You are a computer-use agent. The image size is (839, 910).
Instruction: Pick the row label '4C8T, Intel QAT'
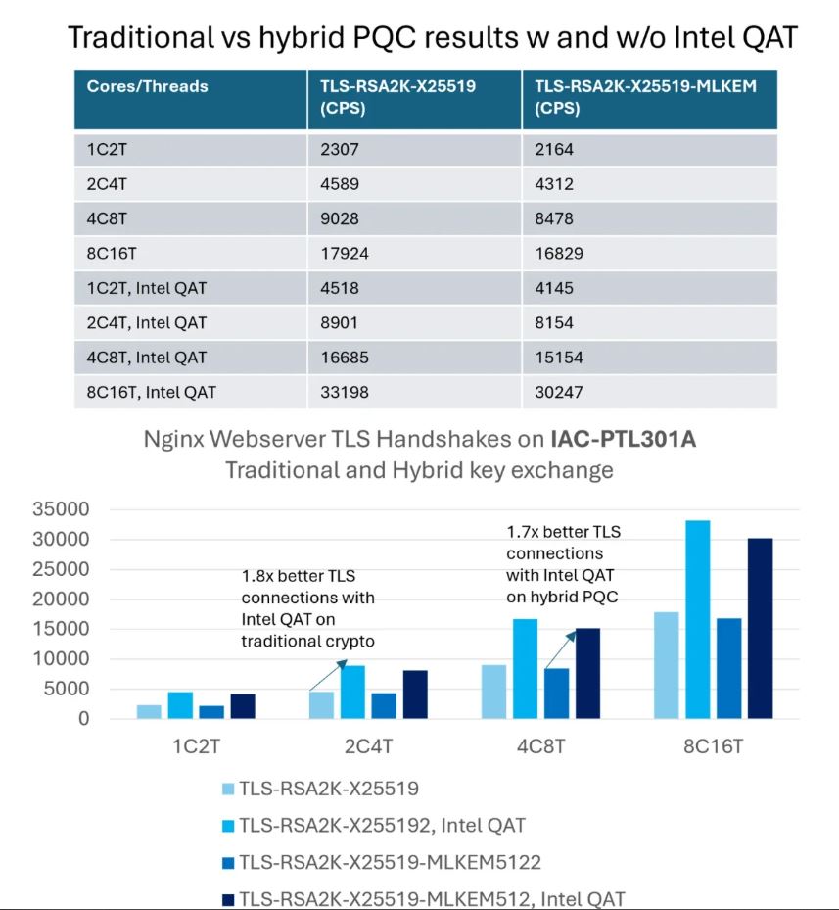(147, 358)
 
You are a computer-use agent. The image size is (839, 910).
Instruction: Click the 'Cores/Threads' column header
(148, 86)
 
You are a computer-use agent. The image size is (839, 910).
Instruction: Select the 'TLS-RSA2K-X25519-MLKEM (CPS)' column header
(645, 97)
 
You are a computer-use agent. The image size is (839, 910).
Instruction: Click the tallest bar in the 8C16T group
(697, 619)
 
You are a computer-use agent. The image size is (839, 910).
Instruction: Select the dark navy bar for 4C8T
(587, 673)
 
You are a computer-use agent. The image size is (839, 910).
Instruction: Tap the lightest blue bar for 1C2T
(149, 711)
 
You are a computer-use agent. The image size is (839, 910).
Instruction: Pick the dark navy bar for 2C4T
(415, 694)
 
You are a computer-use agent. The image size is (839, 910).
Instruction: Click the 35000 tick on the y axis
(61, 509)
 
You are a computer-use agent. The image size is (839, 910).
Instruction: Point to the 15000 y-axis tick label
(61, 629)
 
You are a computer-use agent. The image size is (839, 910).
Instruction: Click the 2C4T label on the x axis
(368, 745)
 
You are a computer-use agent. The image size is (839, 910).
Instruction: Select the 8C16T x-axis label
(713, 745)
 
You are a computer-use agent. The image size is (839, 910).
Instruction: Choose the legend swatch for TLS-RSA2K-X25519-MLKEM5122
(228, 862)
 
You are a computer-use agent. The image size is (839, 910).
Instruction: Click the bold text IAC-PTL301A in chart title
(624, 439)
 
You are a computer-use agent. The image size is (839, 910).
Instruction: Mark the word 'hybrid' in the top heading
(301, 38)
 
